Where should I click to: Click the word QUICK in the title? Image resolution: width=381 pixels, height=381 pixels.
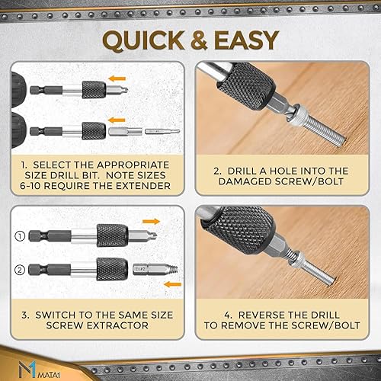(x=143, y=40)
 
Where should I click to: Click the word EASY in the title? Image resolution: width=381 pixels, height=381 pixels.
(x=247, y=40)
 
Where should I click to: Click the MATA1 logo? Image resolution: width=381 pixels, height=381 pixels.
(x=39, y=370)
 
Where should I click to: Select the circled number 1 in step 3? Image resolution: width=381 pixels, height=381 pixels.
(x=20, y=236)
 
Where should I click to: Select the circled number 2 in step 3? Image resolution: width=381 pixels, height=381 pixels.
(x=20, y=270)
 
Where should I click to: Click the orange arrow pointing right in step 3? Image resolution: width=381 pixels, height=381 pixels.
(x=151, y=222)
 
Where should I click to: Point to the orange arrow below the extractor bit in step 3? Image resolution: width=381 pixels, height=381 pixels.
(x=173, y=284)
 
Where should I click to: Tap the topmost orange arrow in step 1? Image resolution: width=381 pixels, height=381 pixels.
(x=117, y=78)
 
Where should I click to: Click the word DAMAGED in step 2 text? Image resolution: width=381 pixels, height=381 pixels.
(x=245, y=181)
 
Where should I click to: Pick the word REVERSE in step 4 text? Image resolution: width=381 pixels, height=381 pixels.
(x=261, y=315)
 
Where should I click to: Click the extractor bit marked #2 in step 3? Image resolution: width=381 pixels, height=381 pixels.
(x=155, y=269)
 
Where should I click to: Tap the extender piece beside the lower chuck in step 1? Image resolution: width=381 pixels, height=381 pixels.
(x=125, y=132)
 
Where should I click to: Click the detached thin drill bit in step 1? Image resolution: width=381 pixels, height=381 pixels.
(x=162, y=131)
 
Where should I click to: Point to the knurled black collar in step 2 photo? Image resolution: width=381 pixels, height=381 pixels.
(x=246, y=85)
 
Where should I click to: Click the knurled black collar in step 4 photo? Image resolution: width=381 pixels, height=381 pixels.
(x=238, y=230)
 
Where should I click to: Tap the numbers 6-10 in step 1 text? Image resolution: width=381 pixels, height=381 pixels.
(x=30, y=186)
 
